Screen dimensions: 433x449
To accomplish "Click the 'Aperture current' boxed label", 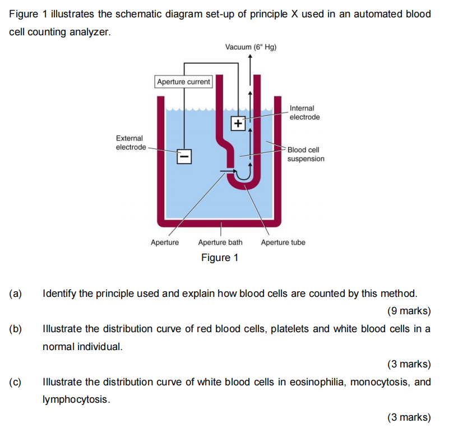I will [183, 82].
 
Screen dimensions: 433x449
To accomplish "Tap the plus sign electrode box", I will [238, 123].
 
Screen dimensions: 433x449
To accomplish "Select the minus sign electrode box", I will [184, 156].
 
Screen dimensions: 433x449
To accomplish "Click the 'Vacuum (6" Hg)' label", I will [251, 48].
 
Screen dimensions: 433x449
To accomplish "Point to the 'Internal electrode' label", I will [304, 113].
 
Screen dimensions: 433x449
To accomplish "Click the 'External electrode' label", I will [129, 142].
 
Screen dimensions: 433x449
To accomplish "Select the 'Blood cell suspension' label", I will [305, 154].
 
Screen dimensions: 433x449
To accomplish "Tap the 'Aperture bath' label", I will [220, 243].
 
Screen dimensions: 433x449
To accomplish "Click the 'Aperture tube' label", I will [283, 243].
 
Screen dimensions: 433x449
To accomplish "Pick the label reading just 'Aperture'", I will [165, 243].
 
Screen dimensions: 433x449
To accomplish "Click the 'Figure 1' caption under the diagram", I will [220, 258].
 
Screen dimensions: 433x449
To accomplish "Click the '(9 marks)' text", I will [409, 310].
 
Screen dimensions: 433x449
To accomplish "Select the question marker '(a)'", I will [15, 294].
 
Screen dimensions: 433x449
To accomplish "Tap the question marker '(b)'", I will [15, 329].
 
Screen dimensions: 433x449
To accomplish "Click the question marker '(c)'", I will [15, 382].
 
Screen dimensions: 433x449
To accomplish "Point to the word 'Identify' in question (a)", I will [60, 294].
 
